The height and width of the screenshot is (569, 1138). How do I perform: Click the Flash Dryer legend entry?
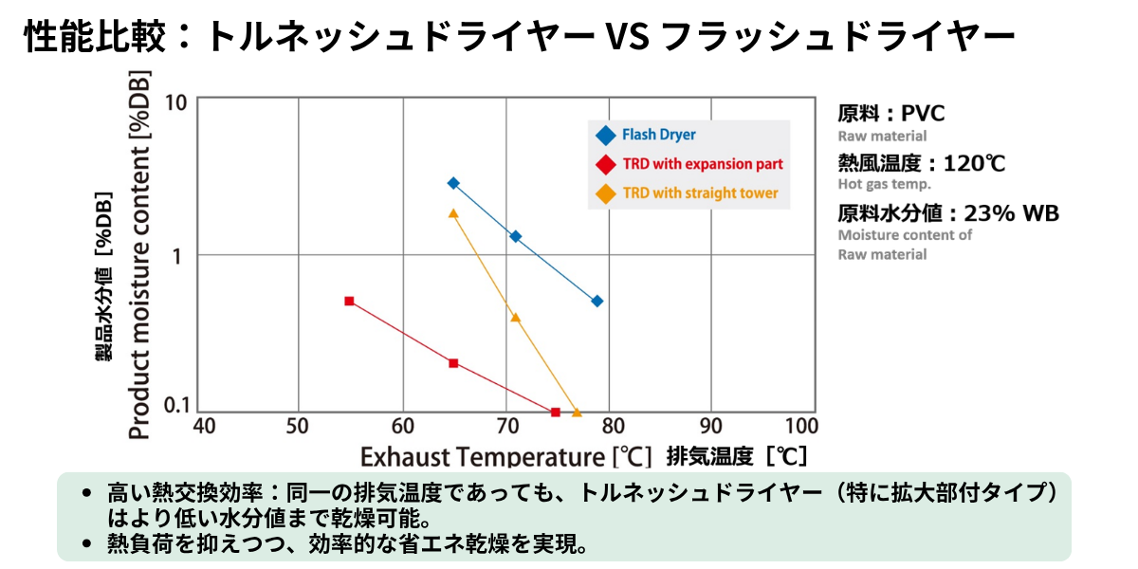tap(646, 135)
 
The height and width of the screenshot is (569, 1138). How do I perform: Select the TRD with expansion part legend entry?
tap(689, 164)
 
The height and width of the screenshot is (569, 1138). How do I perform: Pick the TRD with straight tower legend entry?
tap(687, 193)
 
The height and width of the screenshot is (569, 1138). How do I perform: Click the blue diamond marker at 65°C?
tap(453, 183)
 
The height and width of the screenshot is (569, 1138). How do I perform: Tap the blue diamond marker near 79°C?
tap(597, 302)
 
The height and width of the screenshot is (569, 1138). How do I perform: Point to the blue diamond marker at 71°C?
tap(516, 236)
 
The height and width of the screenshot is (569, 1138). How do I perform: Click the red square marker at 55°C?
tap(349, 302)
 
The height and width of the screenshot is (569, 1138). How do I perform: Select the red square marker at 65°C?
tap(453, 363)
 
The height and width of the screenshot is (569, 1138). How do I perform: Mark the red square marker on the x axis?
tap(556, 412)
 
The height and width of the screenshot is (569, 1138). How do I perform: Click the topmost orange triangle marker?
tap(453, 214)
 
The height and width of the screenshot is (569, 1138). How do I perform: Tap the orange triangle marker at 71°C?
tap(516, 318)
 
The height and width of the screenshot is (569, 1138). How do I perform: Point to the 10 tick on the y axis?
tap(175, 103)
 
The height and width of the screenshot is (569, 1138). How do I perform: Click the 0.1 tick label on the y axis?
tap(176, 406)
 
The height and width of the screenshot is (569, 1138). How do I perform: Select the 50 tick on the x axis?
tap(297, 426)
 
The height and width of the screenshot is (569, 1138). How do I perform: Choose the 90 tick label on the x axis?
tap(710, 426)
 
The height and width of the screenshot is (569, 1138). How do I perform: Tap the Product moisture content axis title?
tap(139, 254)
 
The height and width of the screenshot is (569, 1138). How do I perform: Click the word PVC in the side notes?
tap(923, 113)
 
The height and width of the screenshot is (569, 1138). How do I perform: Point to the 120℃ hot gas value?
tap(974, 163)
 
